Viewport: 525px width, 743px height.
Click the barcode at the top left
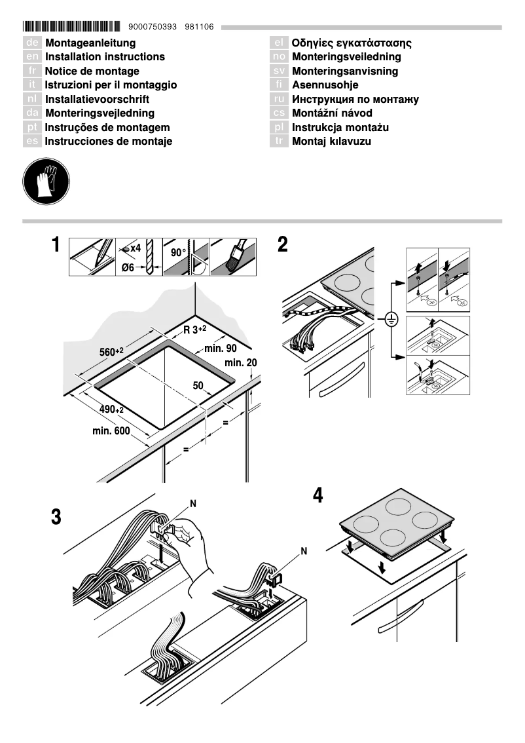coord(71,27)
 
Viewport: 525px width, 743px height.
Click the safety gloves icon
coord(46,181)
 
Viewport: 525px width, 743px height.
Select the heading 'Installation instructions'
coord(105,57)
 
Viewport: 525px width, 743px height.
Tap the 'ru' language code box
coord(279,100)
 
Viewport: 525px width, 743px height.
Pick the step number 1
coord(57,246)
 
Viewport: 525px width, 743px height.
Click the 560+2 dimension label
coord(111,352)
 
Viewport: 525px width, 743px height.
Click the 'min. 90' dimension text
coord(220,349)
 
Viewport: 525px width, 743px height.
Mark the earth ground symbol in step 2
coord(391,320)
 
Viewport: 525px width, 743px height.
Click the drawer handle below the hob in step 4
coord(400,619)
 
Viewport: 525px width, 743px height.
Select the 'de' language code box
coord(33,43)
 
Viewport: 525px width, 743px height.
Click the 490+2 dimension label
coord(112,409)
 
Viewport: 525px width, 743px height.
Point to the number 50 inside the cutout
coord(198,385)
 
